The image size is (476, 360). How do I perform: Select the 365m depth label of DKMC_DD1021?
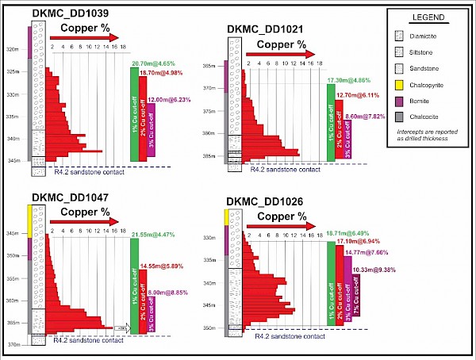[210, 65]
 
